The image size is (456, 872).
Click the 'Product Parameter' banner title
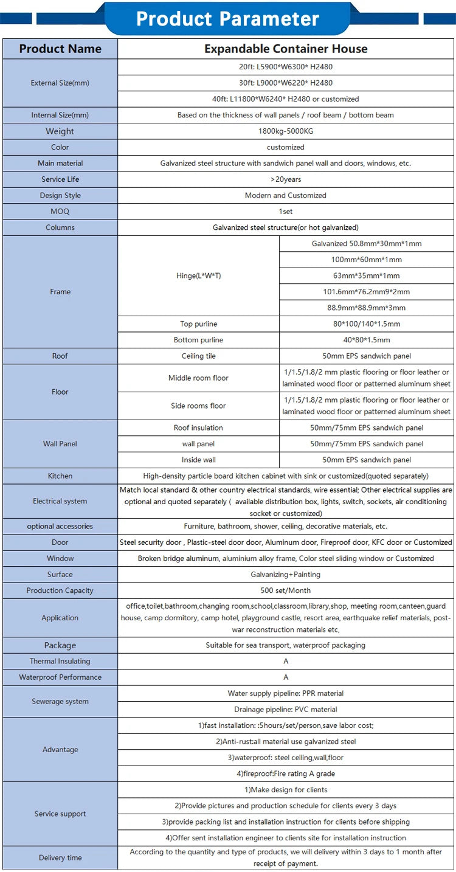click(x=227, y=18)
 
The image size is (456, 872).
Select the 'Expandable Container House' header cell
click(x=286, y=49)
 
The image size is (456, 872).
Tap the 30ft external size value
click(x=286, y=83)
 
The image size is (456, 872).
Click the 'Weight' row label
click(x=60, y=131)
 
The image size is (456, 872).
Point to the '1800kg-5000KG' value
click(x=286, y=131)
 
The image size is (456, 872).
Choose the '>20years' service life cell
click(x=286, y=179)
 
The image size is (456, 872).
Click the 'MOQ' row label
click(x=60, y=212)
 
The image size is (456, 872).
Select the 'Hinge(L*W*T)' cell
click(x=198, y=275)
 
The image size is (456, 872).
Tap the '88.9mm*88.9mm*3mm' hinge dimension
click(x=367, y=308)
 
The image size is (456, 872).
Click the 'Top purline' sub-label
click(x=198, y=324)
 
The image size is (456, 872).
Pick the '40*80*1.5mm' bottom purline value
click(x=367, y=340)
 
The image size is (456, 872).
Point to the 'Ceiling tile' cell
click(x=198, y=356)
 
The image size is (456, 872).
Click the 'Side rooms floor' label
click(x=198, y=406)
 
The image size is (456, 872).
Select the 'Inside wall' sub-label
click(x=198, y=460)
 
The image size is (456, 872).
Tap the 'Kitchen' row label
click(x=60, y=476)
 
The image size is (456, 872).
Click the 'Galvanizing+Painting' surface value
click(x=286, y=575)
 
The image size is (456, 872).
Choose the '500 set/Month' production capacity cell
click(x=286, y=590)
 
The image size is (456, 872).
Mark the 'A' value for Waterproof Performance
click(x=286, y=677)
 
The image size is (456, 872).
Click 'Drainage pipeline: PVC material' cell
click(x=286, y=710)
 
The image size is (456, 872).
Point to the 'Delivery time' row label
click(x=60, y=858)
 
